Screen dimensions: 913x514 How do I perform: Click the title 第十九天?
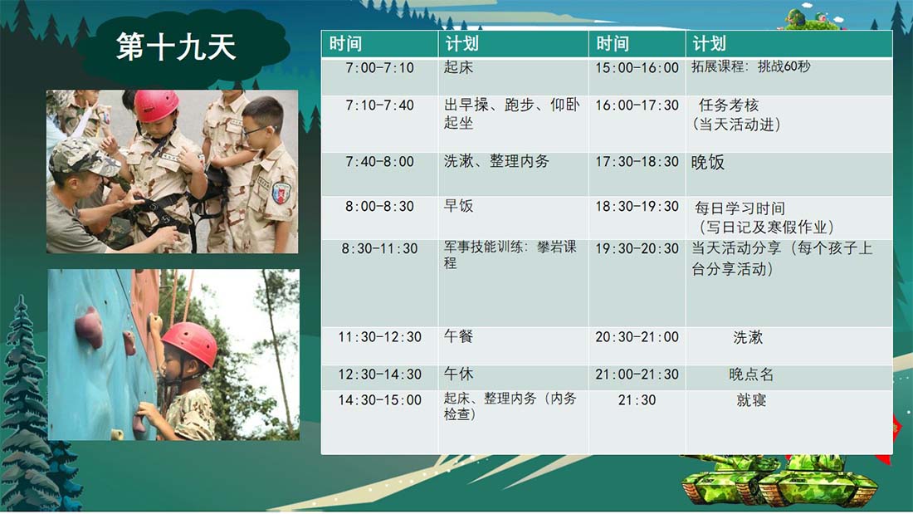(x=176, y=47)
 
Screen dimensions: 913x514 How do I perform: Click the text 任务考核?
(x=729, y=105)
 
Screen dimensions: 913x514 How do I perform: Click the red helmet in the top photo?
(x=156, y=105)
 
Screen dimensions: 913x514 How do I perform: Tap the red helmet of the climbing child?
(x=190, y=344)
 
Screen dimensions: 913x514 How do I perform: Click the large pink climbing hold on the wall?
(x=89, y=326)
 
